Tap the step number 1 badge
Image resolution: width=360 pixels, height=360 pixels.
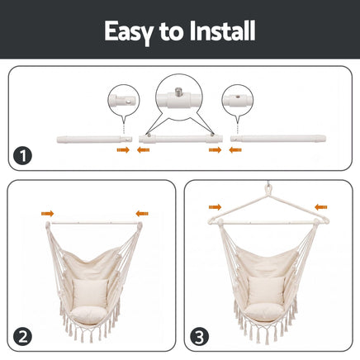[23, 155]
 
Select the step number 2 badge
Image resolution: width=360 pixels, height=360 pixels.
[23, 337]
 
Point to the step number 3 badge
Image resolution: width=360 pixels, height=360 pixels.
[199, 337]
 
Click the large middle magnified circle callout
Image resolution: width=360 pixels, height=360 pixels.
[179, 97]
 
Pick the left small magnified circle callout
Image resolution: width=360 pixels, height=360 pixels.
[124, 100]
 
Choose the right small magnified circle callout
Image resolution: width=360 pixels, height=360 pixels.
[238, 100]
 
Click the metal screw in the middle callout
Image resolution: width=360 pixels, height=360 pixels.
[179, 91]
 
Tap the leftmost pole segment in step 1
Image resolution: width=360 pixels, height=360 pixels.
[94, 140]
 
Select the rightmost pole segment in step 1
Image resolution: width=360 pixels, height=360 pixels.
[278, 138]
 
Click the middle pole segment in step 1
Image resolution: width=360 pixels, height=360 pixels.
[181, 138]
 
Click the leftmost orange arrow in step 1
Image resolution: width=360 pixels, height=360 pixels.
[123, 150]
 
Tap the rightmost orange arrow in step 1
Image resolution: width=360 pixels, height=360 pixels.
[235, 150]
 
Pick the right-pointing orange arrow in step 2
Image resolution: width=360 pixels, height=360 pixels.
[48, 214]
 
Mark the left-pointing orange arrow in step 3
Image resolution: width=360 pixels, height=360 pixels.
[321, 207]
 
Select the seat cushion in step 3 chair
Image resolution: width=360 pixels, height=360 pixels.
[264, 312]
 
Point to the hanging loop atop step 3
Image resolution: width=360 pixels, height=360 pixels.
[268, 189]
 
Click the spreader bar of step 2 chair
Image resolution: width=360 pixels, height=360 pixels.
[94, 223]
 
